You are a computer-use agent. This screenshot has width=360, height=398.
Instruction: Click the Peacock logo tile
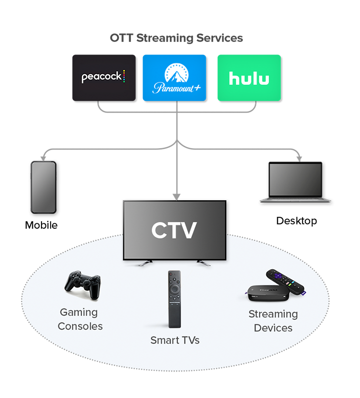click(x=103, y=78)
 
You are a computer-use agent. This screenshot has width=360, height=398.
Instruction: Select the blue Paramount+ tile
click(x=174, y=78)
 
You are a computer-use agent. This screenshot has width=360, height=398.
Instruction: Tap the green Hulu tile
click(x=248, y=78)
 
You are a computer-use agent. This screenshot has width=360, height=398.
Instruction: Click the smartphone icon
click(x=43, y=187)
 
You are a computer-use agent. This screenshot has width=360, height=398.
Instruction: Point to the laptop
click(x=295, y=182)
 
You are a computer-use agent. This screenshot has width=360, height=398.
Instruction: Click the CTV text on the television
click(x=174, y=230)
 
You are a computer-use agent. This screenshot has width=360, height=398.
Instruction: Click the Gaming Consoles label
click(x=80, y=319)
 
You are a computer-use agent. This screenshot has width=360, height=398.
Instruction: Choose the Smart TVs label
click(x=175, y=340)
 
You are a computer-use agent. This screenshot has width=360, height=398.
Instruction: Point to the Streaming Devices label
click(x=273, y=321)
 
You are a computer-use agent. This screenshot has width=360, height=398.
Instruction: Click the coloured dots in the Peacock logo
click(x=124, y=76)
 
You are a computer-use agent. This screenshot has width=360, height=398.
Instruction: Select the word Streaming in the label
click(x=273, y=314)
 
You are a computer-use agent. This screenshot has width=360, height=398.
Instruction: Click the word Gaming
click(x=79, y=313)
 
